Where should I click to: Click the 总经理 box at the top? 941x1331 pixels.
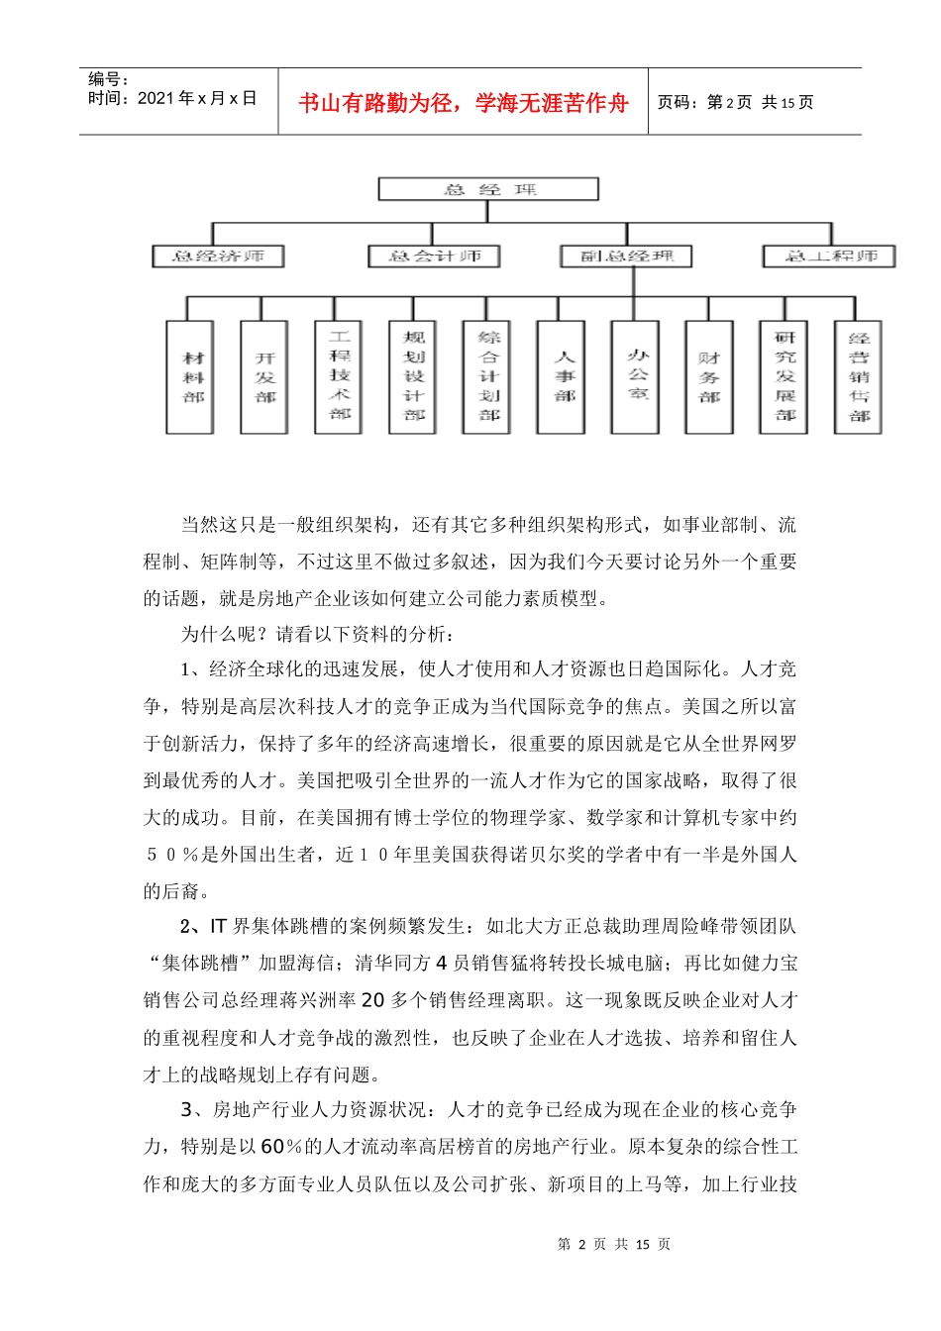pyautogui.click(x=488, y=189)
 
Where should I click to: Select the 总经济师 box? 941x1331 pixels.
pyautogui.click(x=218, y=256)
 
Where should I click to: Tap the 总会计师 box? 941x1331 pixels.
pyautogui.click(x=434, y=256)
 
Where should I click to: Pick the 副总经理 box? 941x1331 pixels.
pyautogui.click(x=626, y=256)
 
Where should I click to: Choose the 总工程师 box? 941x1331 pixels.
pyautogui.click(x=829, y=256)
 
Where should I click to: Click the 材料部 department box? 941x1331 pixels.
pyautogui.click(x=190, y=377)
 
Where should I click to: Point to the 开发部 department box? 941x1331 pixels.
pyautogui.click(x=264, y=377)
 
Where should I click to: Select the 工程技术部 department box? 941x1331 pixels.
pyautogui.click(x=339, y=377)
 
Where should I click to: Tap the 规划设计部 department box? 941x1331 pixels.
pyautogui.click(x=413, y=377)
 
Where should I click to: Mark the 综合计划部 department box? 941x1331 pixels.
pyautogui.click(x=487, y=377)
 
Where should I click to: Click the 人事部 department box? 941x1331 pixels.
pyautogui.click(x=562, y=377)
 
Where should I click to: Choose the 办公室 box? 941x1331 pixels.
pyautogui.click(x=636, y=377)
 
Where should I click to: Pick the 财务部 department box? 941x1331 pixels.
pyautogui.click(x=709, y=377)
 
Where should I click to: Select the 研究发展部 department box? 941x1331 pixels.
pyautogui.click(x=784, y=377)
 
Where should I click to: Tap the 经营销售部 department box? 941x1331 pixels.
pyautogui.click(x=858, y=377)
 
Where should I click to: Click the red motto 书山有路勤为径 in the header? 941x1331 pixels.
pyautogui.click(x=463, y=103)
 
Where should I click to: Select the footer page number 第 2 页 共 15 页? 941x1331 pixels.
pyautogui.click(x=614, y=1244)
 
